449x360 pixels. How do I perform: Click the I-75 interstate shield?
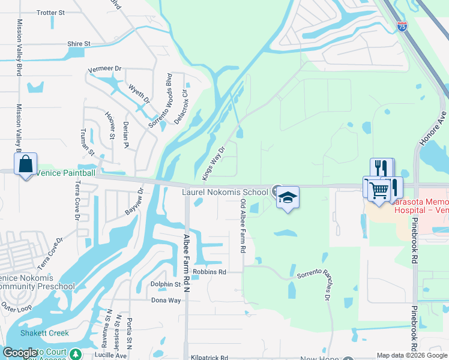pyautogui.click(x=402, y=26)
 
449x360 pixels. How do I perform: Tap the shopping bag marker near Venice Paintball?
pyautogui.click(x=26, y=164)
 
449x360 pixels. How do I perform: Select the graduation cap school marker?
pyautogui.click(x=288, y=197)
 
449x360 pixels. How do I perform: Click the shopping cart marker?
pyautogui.click(x=379, y=191)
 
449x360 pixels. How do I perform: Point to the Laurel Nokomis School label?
pyautogui.click(x=225, y=192)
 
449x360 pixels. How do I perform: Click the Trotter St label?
pyautogui.click(x=50, y=13)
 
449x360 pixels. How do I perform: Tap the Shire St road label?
pyautogui.click(x=79, y=44)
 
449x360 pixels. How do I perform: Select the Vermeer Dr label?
pyautogui.click(x=105, y=69)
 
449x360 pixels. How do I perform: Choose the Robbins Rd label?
pyautogui.click(x=209, y=272)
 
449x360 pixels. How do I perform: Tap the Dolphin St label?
pyautogui.click(x=166, y=284)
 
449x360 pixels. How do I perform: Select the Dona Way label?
pyautogui.click(x=166, y=301)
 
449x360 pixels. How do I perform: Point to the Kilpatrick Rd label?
pyautogui.click(x=209, y=358)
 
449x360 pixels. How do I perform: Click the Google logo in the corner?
pyautogui.click(x=20, y=353)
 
